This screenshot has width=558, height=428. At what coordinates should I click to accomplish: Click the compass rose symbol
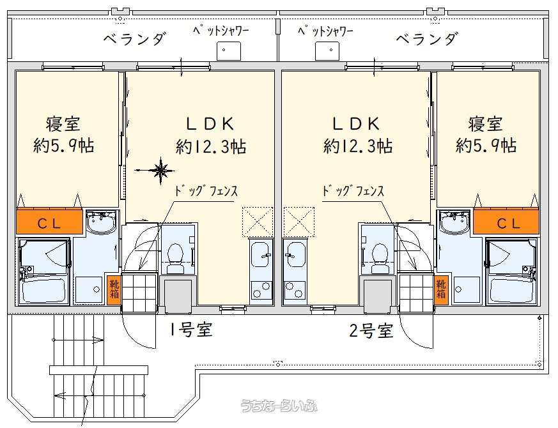(161, 171)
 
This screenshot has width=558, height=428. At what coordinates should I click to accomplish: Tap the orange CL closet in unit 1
(50, 222)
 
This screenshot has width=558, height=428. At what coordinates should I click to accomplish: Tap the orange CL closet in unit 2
(506, 222)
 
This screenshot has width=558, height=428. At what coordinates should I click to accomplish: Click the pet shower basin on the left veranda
(229, 51)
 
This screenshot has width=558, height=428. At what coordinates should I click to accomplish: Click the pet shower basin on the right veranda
(327, 51)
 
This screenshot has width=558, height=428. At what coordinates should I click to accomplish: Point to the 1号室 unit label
(191, 330)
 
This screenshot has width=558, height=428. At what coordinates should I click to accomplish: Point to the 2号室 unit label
(371, 330)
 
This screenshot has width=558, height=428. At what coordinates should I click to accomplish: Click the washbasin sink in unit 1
(102, 223)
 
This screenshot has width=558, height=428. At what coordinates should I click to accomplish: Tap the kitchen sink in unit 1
(261, 255)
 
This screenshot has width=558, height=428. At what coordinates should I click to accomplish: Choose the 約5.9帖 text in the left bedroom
(64, 146)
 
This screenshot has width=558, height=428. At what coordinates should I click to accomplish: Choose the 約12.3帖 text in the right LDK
(358, 146)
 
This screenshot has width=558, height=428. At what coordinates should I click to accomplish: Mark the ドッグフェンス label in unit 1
(206, 191)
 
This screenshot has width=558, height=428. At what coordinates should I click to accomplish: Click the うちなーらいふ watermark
(279, 406)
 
